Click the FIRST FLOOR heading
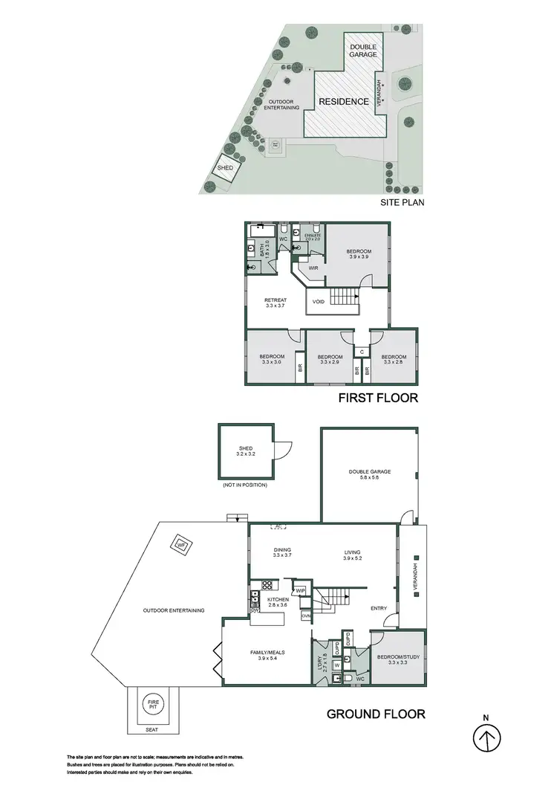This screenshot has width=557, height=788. pyautogui.click(x=378, y=398)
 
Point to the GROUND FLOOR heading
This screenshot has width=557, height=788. pyautogui.click(x=376, y=714)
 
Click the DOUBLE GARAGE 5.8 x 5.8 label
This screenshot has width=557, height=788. pyautogui.click(x=369, y=474)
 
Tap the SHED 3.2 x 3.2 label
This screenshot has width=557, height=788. pyautogui.click(x=246, y=451)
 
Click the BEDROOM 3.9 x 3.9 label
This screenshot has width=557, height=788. pyautogui.click(x=358, y=255)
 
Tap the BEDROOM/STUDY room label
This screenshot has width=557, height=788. pyautogui.click(x=397, y=660)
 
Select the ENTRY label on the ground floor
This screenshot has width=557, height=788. pyautogui.click(x=379, y=609)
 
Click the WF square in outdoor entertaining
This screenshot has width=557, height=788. pyautogui.click(x=180, y=546)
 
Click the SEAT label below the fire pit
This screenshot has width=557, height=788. pyautogui.click(x=152, y=729)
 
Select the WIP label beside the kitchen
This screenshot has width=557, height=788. pyautogui.click(x=301, y=590)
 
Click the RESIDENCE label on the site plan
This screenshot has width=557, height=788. pyautogui.click(x=344, y=101)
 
